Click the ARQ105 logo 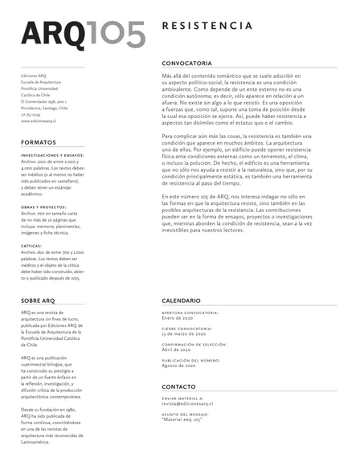click(x=84, y=34)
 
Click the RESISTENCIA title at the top click(x=207, y=27)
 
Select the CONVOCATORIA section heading click(x=186, y=63)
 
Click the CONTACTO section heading click(x=178, y=386)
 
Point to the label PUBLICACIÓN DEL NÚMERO click(x=192, y=360)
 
